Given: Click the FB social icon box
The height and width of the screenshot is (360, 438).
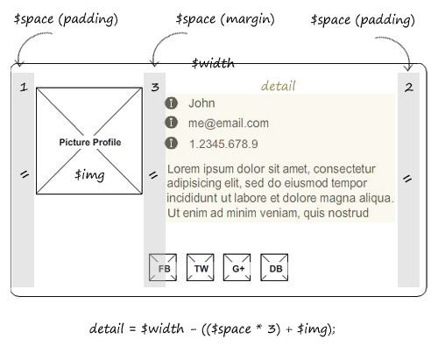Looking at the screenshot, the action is [x=163, y=267].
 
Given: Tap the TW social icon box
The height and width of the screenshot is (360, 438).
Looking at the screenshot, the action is [x=201, y=267].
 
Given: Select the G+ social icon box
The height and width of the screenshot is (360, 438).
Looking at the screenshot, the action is [x=237, y=267].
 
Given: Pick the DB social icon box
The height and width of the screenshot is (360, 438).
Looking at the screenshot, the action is [x=274, y=267].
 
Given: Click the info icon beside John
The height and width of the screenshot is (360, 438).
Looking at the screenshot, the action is [x=171, y=103].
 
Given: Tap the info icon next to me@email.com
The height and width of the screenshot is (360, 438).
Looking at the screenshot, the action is [x=171, y=123].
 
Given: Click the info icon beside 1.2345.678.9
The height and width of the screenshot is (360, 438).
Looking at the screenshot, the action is [x=171, y=143].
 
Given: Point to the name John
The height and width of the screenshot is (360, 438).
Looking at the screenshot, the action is [x=201, y=103].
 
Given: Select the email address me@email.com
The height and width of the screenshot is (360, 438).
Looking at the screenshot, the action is [x=229, y=124].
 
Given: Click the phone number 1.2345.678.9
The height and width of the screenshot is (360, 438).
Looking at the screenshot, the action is [x=223, y=144].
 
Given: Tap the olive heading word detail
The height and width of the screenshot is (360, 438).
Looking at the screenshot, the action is [x=279, y=86].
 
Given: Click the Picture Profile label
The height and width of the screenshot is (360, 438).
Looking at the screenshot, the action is [x=90, y=142].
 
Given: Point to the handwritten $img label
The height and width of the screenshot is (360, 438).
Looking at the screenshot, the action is [x=89, y=175].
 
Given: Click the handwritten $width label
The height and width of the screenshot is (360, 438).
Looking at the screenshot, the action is [x=213, y=63].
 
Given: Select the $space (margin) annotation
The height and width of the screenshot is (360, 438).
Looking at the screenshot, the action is [x=225, y=19].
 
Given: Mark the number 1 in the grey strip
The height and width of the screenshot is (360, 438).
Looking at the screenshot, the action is [x=24, y=87].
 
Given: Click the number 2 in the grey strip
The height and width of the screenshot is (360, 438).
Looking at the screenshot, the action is [x=409, y=88].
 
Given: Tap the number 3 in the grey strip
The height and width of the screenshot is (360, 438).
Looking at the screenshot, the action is [x=155, y=87].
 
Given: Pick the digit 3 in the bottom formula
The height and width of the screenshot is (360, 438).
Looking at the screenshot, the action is [x=272, y=328].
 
